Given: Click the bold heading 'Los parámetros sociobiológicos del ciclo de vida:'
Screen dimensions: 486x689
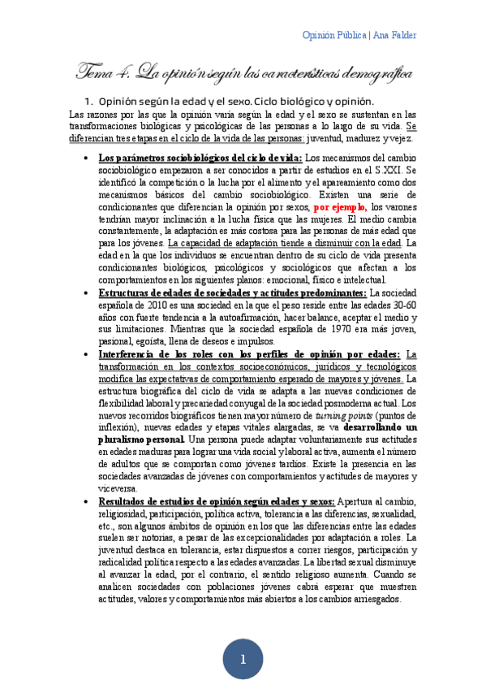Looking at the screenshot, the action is pyautogui.click(x=200, y=158).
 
